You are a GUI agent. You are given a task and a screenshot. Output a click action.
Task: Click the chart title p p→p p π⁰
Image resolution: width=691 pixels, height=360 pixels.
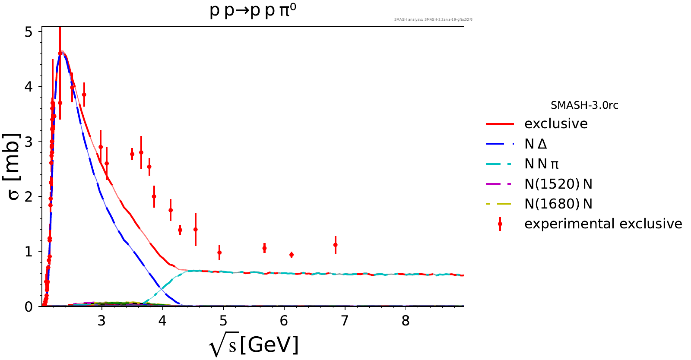(x=253, y=10)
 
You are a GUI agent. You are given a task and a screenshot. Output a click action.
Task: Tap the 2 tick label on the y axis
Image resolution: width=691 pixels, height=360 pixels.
(x=29, y=197)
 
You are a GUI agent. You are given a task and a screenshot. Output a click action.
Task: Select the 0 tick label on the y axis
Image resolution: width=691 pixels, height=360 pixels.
(x=29, y=307)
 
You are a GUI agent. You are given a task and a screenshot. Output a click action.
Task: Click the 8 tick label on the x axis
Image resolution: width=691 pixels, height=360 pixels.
(x=406, y=321)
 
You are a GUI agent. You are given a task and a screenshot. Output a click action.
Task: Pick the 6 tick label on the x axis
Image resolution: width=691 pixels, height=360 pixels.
(x=284, y=321)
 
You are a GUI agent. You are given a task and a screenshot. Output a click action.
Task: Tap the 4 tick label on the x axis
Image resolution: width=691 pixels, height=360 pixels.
(x=162, y=321)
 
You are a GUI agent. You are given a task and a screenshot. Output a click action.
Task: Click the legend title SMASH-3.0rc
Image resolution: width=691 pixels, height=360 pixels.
(x=584, y=105)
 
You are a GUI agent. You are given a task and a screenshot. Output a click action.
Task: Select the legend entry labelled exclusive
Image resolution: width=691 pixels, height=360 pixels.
(x=556, y=124)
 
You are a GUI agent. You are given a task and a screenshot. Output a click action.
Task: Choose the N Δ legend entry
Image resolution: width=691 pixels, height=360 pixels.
(x=536, y=144)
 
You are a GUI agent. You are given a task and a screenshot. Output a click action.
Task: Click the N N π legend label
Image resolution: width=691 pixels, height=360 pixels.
(x=542, y=164)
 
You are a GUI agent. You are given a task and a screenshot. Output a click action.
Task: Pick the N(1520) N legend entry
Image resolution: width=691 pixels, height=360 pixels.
(x=558, y=184)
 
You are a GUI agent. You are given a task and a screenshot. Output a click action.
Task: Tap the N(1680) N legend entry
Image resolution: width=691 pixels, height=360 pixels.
(x=558, y=204)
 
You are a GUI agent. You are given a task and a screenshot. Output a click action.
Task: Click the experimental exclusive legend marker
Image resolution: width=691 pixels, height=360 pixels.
(x=500, y=224)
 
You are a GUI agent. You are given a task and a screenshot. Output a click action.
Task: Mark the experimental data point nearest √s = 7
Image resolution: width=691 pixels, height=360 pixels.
(x=336, y=245)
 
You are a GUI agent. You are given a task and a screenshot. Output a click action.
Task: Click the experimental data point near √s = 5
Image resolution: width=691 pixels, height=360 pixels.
(x=219, y=253)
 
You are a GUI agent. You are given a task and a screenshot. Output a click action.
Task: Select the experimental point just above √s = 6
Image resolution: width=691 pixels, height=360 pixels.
(x=292, y=255)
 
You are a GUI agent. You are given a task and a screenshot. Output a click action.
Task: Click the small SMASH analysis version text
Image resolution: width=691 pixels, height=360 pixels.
(x=433, y=19)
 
